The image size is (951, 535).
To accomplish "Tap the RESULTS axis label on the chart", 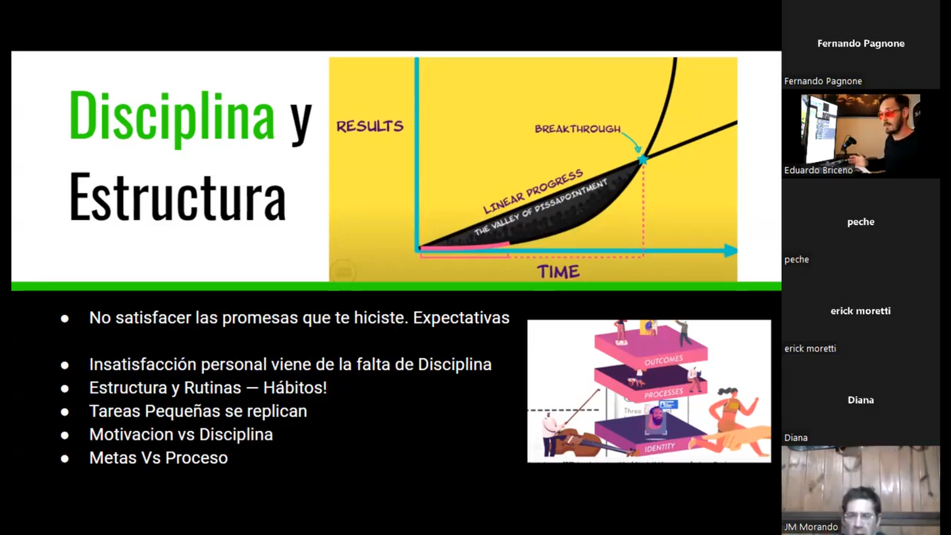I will click(369, 126).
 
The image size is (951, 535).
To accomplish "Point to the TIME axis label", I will click(557, 272).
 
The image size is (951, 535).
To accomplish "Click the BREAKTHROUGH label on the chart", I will click(577, 129).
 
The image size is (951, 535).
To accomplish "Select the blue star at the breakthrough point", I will click(642, 159).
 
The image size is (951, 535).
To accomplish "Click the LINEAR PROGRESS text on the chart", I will click(533, 191).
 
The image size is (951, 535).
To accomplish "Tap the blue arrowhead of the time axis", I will click(730, 250).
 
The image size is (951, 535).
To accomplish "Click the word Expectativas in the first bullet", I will click(461, 318).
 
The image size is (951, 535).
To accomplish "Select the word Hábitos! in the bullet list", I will click(295, 388).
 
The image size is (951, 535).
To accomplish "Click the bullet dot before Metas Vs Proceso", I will click(64, 459).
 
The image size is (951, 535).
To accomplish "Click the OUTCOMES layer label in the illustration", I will click(663, 361).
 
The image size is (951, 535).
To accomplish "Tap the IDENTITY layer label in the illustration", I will click(659, 447).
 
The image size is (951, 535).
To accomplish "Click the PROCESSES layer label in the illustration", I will click(663, 394).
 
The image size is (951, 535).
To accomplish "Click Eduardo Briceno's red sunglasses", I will click(889, 115).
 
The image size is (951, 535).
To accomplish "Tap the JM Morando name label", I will click(811, 527).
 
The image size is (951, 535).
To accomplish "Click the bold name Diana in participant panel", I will click(860, 400).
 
